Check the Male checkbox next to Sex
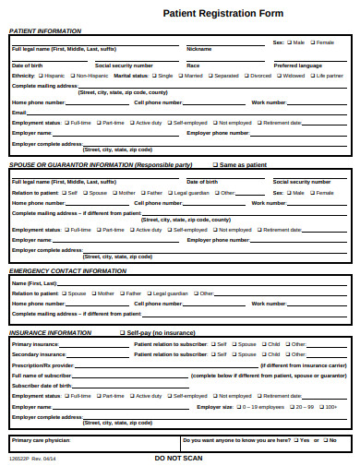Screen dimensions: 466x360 coord(290,42)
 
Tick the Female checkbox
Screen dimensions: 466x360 coord(312,42)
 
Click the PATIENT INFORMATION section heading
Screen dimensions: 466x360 coord(44,30)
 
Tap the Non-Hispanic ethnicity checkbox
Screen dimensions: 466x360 coord(71,76)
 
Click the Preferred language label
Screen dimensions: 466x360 coord(297,66)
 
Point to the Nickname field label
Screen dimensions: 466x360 coord(198,49)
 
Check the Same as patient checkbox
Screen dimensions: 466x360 coord(215,165)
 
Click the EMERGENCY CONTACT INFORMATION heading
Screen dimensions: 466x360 coord(67,270)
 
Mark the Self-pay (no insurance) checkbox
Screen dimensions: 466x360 coord(121,332)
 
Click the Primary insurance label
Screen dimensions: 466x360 coord(35,343)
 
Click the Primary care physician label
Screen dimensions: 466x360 coord(40,440)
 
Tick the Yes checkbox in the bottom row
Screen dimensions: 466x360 coord(293,440)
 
